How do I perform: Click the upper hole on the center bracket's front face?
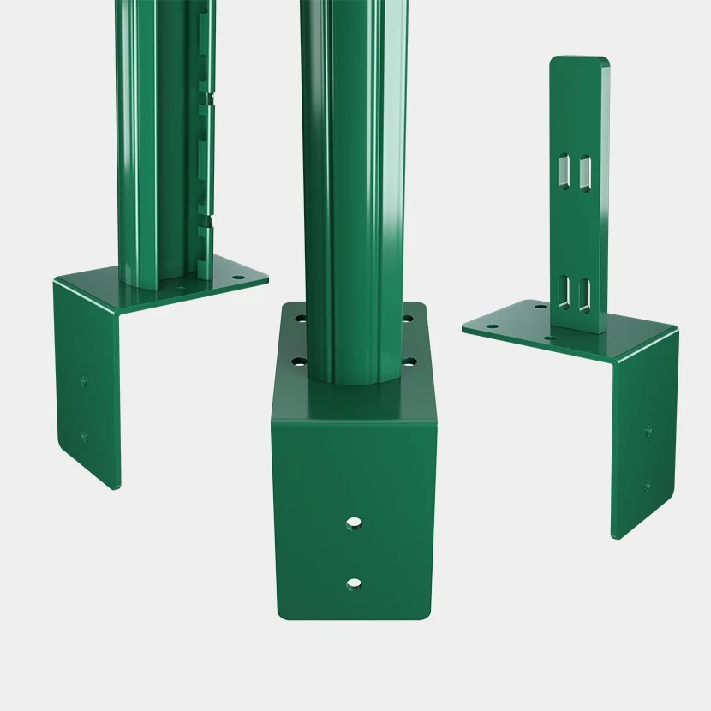[354, 523]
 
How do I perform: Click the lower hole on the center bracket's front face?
[354, 583]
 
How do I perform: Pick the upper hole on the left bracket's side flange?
[83, 381]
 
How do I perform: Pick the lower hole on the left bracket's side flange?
[84, 436]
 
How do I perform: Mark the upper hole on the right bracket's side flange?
[647, 430]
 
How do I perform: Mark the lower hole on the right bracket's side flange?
[647, 485]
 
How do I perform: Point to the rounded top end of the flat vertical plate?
[579, 62]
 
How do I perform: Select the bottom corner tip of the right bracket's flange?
[614, 538]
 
